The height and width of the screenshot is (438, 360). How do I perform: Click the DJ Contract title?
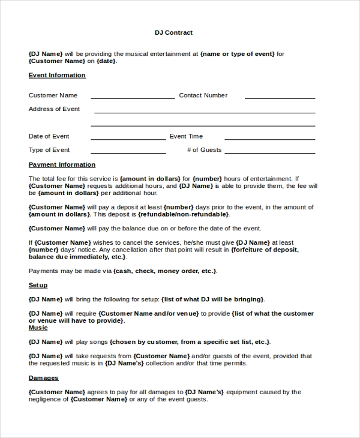[x=173, y=32]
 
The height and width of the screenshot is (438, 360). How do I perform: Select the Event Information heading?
[x=57, y=75]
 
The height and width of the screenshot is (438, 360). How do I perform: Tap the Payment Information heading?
[x=62, y=164]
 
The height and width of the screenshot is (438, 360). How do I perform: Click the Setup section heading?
[x=38, y=285]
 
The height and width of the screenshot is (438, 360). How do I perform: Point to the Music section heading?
[x=38, y=328]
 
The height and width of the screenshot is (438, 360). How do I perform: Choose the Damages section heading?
[x=43, y=378]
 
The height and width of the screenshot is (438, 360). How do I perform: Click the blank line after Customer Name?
[x=132, y=97]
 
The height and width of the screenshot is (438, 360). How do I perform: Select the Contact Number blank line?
[x=280, y=97]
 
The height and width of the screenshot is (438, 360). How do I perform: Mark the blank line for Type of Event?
[x=128, y=151]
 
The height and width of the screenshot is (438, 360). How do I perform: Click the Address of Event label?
[x=54, y=109]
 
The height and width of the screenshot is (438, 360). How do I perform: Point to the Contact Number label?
[x=203, y=95]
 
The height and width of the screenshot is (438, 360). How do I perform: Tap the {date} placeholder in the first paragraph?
[x=106, y=61]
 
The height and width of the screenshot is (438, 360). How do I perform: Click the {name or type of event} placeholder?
[x=238, y=54]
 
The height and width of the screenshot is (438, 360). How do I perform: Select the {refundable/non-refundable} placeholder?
[x=183, y=214]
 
